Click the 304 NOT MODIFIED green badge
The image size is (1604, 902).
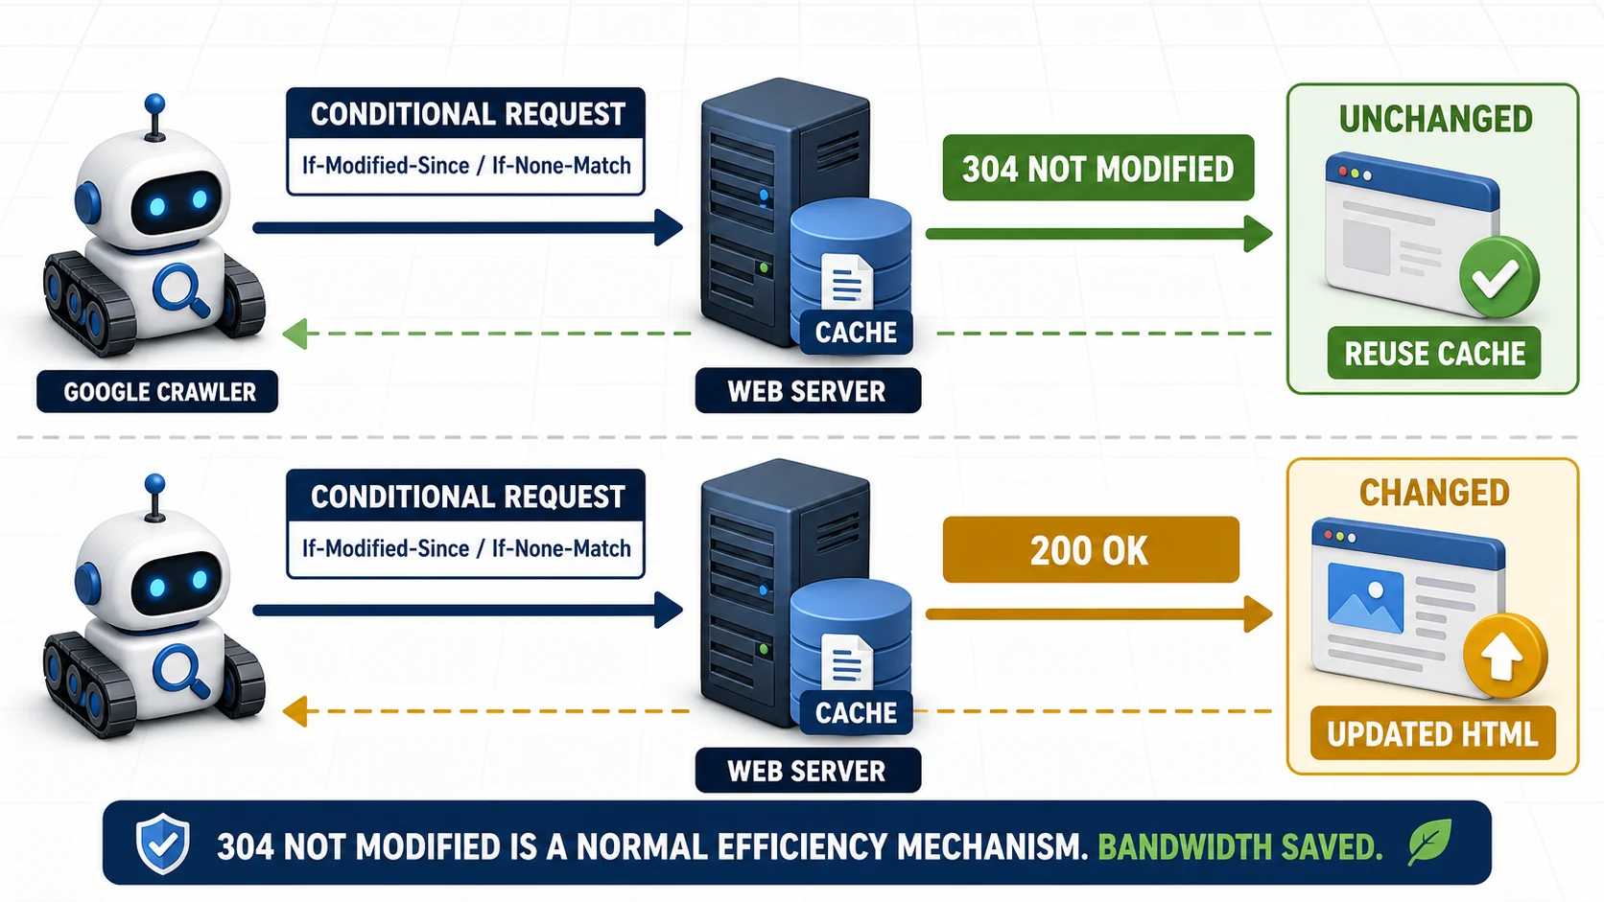click(1097, 168)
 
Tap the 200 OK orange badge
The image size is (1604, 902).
click(1091, 549)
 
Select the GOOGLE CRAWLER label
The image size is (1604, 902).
click(157, 391)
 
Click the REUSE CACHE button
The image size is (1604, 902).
click(1433, 353)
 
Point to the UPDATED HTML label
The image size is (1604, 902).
click(1433, 733)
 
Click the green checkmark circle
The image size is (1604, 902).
click(1498, 277)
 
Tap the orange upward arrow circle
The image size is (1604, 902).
click(1504, 656)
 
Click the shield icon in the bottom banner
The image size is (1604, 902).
click(162, 844)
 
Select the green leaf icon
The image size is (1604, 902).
click(1429, 842)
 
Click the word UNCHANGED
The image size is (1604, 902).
click(1435, 119)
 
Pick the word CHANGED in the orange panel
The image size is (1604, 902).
click(1433, 493)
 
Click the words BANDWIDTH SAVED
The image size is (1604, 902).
click(1239, 846)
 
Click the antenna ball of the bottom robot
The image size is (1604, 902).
click(154, 483)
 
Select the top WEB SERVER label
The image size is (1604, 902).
click(808, 390)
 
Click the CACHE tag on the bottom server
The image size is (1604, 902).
click(856, 712)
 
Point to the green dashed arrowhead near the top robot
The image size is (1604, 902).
click(295, 334)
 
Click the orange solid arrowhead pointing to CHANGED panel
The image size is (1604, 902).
click(1258, 613)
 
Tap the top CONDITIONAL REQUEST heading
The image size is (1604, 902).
click(467, 114)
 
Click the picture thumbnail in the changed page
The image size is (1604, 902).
click(1365, 598)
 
